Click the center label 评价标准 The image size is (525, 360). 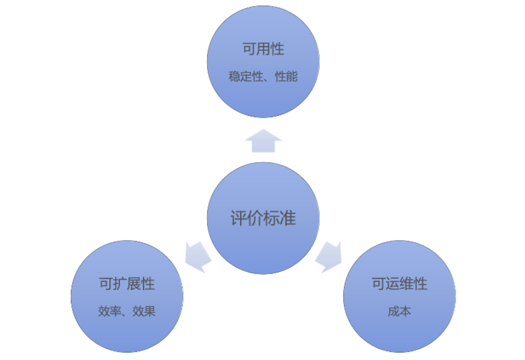click(263, 218)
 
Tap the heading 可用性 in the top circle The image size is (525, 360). click(263, 49)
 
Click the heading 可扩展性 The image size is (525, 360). click(127, 283)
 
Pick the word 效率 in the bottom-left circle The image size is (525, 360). click(108, 312)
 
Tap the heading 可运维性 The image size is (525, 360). click(399, 283)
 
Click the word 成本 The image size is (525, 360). click(399, 312)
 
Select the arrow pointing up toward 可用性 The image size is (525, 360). click(263, 141)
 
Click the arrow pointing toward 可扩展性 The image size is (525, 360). click(197, 256)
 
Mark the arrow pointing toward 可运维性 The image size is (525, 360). click(329, 256)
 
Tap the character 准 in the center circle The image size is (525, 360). click(288, 218)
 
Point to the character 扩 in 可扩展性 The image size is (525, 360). click(119, 283)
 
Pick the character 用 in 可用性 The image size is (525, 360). click(263, 49)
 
